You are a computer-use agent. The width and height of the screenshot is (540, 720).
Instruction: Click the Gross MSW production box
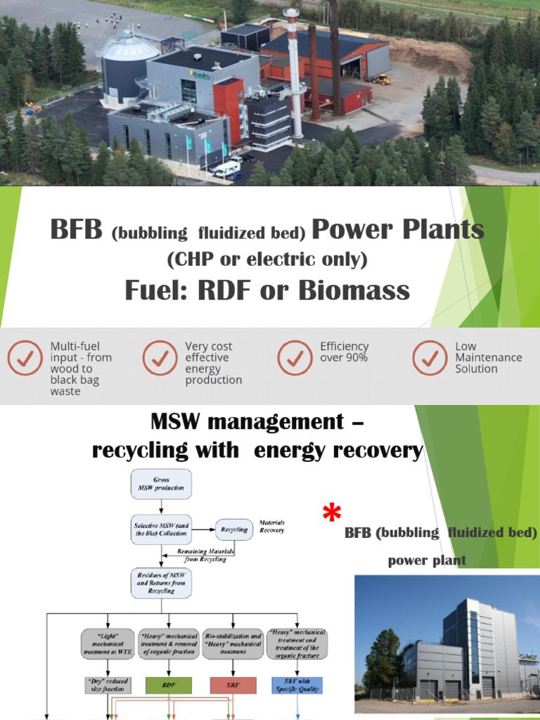pos(161,484)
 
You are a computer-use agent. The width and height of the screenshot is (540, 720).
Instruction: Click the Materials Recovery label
pos(271,527)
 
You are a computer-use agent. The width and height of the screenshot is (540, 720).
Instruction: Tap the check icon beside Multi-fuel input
pos(25,358)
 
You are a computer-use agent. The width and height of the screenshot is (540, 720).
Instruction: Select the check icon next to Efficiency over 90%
pos(295,358)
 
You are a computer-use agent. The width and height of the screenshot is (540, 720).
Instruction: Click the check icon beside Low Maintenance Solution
pos(430,358)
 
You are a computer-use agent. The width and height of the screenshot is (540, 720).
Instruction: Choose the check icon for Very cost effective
pos(160,358)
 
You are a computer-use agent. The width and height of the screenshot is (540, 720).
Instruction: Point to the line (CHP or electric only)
pos(267,259)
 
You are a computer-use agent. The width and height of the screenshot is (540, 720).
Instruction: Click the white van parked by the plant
pos(226,169)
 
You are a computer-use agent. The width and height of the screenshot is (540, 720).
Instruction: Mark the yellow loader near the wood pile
pos(382,79)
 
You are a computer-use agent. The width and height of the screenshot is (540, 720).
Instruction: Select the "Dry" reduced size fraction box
pos(107,686)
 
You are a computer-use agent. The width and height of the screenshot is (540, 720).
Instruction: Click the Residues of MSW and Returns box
pos(161,583)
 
